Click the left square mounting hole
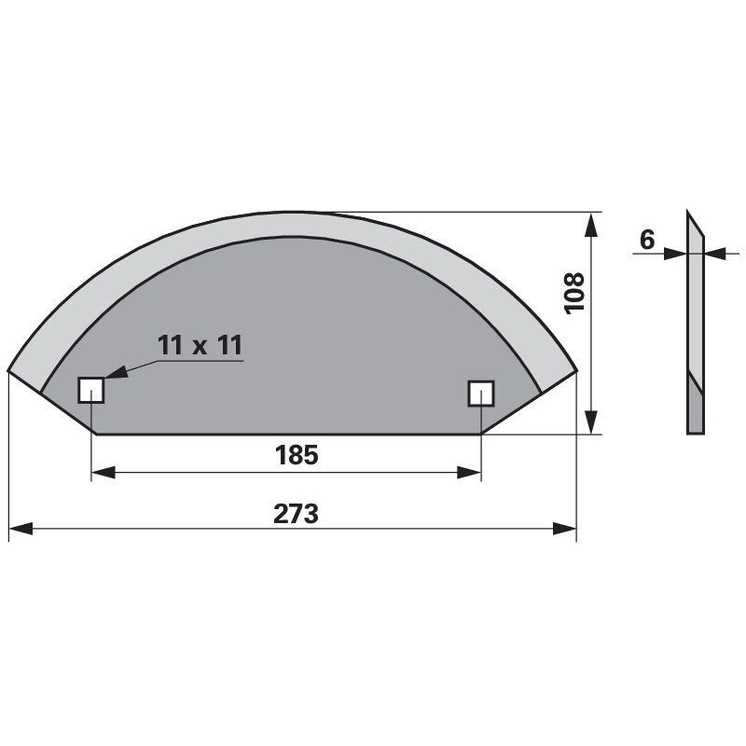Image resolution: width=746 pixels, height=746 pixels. coord(90,390)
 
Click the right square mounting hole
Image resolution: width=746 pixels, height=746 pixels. coord(481,393)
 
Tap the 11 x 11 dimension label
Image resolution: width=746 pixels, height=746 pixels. coord(200,345)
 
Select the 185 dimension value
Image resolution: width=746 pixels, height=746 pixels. coord(297,455)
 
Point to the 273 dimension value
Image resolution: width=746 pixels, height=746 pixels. coord(296,514)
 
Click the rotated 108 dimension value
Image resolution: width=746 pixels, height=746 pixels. coord(573,293)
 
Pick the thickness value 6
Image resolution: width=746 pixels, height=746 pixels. coord(647,240)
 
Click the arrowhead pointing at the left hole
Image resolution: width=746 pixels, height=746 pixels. coord(116,371)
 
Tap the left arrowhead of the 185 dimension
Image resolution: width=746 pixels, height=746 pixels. coord(104,473)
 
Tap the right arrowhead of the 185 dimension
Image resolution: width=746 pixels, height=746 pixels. coord(469,473)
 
